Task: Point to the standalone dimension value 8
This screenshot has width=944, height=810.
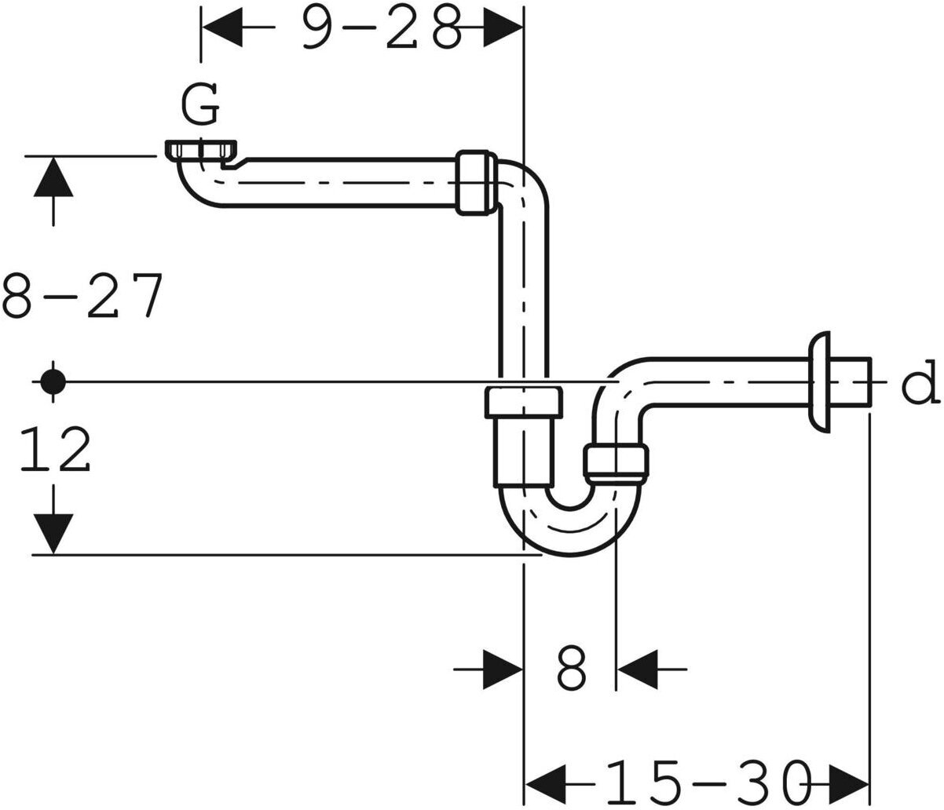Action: (x=571, y=669)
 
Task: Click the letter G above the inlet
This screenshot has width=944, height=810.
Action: (x=200, y=107)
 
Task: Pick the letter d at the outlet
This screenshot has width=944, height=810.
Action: (x=917, y=382)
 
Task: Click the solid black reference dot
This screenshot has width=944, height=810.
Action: (x=53, y=382)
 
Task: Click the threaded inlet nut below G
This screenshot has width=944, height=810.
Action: (x=202, y=150)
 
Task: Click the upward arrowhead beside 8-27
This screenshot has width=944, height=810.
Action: (x=53, y=177)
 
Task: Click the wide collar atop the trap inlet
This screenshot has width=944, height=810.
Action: (x=523, y=402)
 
